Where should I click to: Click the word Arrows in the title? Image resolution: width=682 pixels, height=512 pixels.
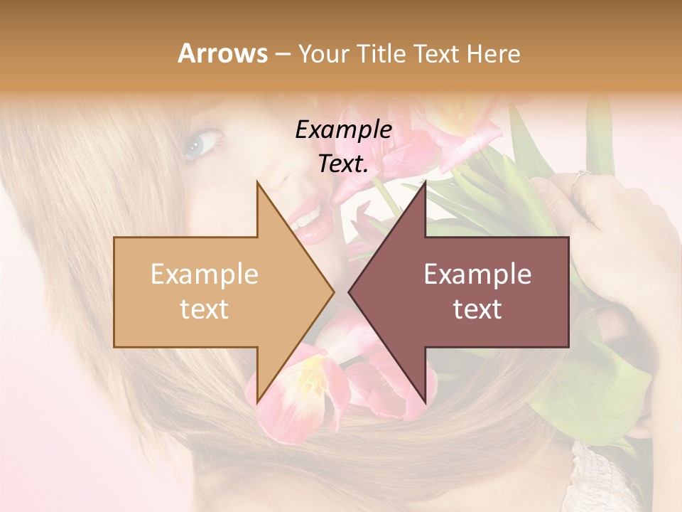click(223, 53)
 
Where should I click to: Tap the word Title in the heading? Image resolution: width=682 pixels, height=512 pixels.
click(386, 53)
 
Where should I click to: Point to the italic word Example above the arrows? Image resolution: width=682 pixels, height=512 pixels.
click(343, 129)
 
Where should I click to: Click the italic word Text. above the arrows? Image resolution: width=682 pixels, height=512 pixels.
click(343, 164)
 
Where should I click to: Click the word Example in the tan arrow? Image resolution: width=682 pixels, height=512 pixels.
click(204, 274)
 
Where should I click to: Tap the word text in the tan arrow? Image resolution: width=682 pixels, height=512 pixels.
click(204, 309)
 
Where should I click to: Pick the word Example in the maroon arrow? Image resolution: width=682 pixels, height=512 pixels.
click(477, 274)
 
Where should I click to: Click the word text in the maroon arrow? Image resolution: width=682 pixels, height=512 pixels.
click(477, 309)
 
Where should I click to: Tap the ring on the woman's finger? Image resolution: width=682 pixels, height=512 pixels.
click(583, 175)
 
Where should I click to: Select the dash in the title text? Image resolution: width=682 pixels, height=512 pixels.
click(282, 54)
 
